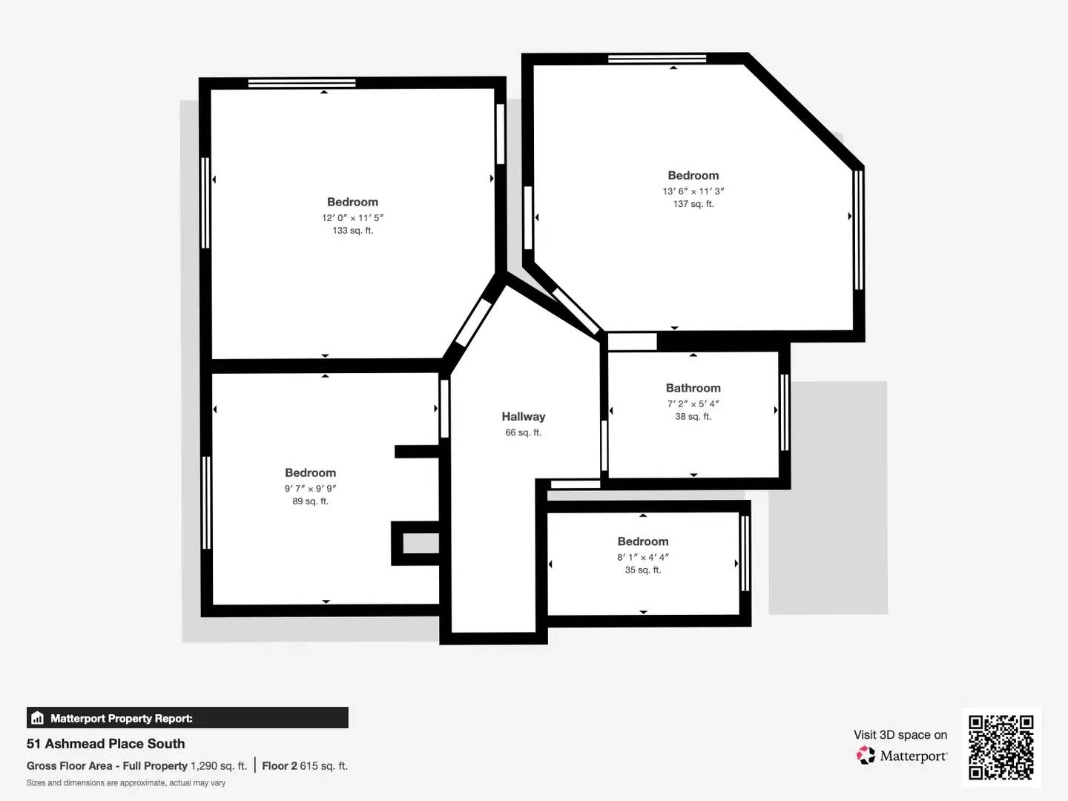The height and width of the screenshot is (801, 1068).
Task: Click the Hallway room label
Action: click(523, 417)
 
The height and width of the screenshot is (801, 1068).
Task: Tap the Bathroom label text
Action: click(693, 388)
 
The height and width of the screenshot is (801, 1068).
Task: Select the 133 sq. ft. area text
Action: click(352, 231)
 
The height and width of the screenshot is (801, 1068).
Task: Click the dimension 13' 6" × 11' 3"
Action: click(693, 191)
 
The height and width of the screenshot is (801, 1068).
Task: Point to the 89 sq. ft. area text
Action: click(310, 501)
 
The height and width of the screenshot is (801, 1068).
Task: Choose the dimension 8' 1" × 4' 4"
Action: click(642, 557)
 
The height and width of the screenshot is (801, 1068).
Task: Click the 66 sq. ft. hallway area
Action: click(523, 432)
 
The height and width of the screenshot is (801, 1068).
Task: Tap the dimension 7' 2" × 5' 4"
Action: click(693, 404)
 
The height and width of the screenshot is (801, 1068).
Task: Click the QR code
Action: click(1001, 747)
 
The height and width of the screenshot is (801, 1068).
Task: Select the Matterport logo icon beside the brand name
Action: click(865, 756)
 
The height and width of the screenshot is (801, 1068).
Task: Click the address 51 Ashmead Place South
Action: click(106, 744)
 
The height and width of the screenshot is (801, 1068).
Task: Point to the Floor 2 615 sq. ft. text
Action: click(305, 766)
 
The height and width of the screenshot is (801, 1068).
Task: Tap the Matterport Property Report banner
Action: click(187, 718)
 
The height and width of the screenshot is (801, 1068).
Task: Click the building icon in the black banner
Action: click(38, 718)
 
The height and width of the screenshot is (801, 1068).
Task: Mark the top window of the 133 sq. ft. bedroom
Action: click(301, 83)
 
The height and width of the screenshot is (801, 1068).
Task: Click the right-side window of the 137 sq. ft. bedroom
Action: click(858, 230)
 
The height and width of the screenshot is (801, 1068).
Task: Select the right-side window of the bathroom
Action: click(784, 412)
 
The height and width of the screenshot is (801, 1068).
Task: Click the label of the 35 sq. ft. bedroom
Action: click(642, 541)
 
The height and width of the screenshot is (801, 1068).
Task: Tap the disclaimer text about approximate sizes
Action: click(126, 783)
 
